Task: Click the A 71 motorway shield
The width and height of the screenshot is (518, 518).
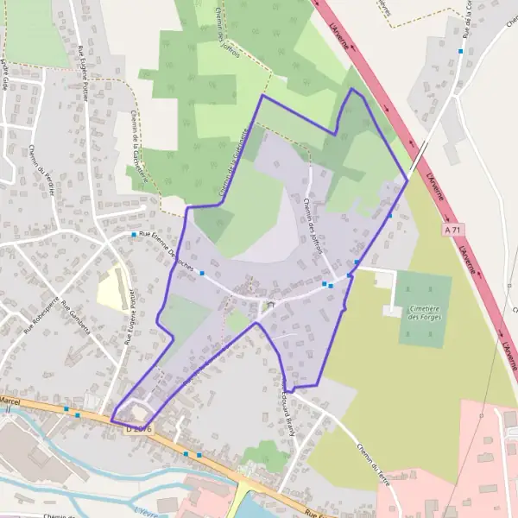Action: point(453,231)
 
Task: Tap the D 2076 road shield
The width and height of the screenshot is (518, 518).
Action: point(138,427)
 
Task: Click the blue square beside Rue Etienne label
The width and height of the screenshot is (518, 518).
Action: point(134,235)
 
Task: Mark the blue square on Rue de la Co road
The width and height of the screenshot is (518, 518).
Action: point(461,51)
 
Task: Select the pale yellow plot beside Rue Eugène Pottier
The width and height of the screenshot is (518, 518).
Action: point(112,288)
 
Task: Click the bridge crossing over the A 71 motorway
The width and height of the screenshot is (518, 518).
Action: point(419,157)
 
